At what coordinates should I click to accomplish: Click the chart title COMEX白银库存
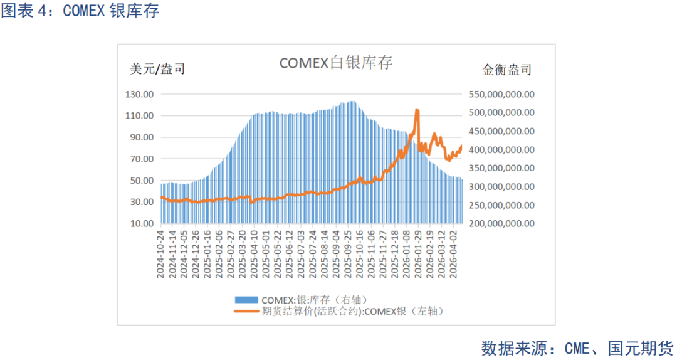click(x=335, y=63)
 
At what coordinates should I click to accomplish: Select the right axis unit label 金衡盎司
click(x=506, y=70)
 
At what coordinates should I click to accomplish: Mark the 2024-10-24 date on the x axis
click(x=162, y=253)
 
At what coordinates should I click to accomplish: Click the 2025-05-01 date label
click(x=268, y=253)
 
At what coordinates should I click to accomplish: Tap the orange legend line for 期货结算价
click(x=247, y=310)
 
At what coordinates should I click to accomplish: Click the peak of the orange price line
click(x=417, y=110)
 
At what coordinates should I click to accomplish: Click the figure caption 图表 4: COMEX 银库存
click(x=80, y=11)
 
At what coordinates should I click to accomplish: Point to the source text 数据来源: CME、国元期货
click(x=577, y=347)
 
